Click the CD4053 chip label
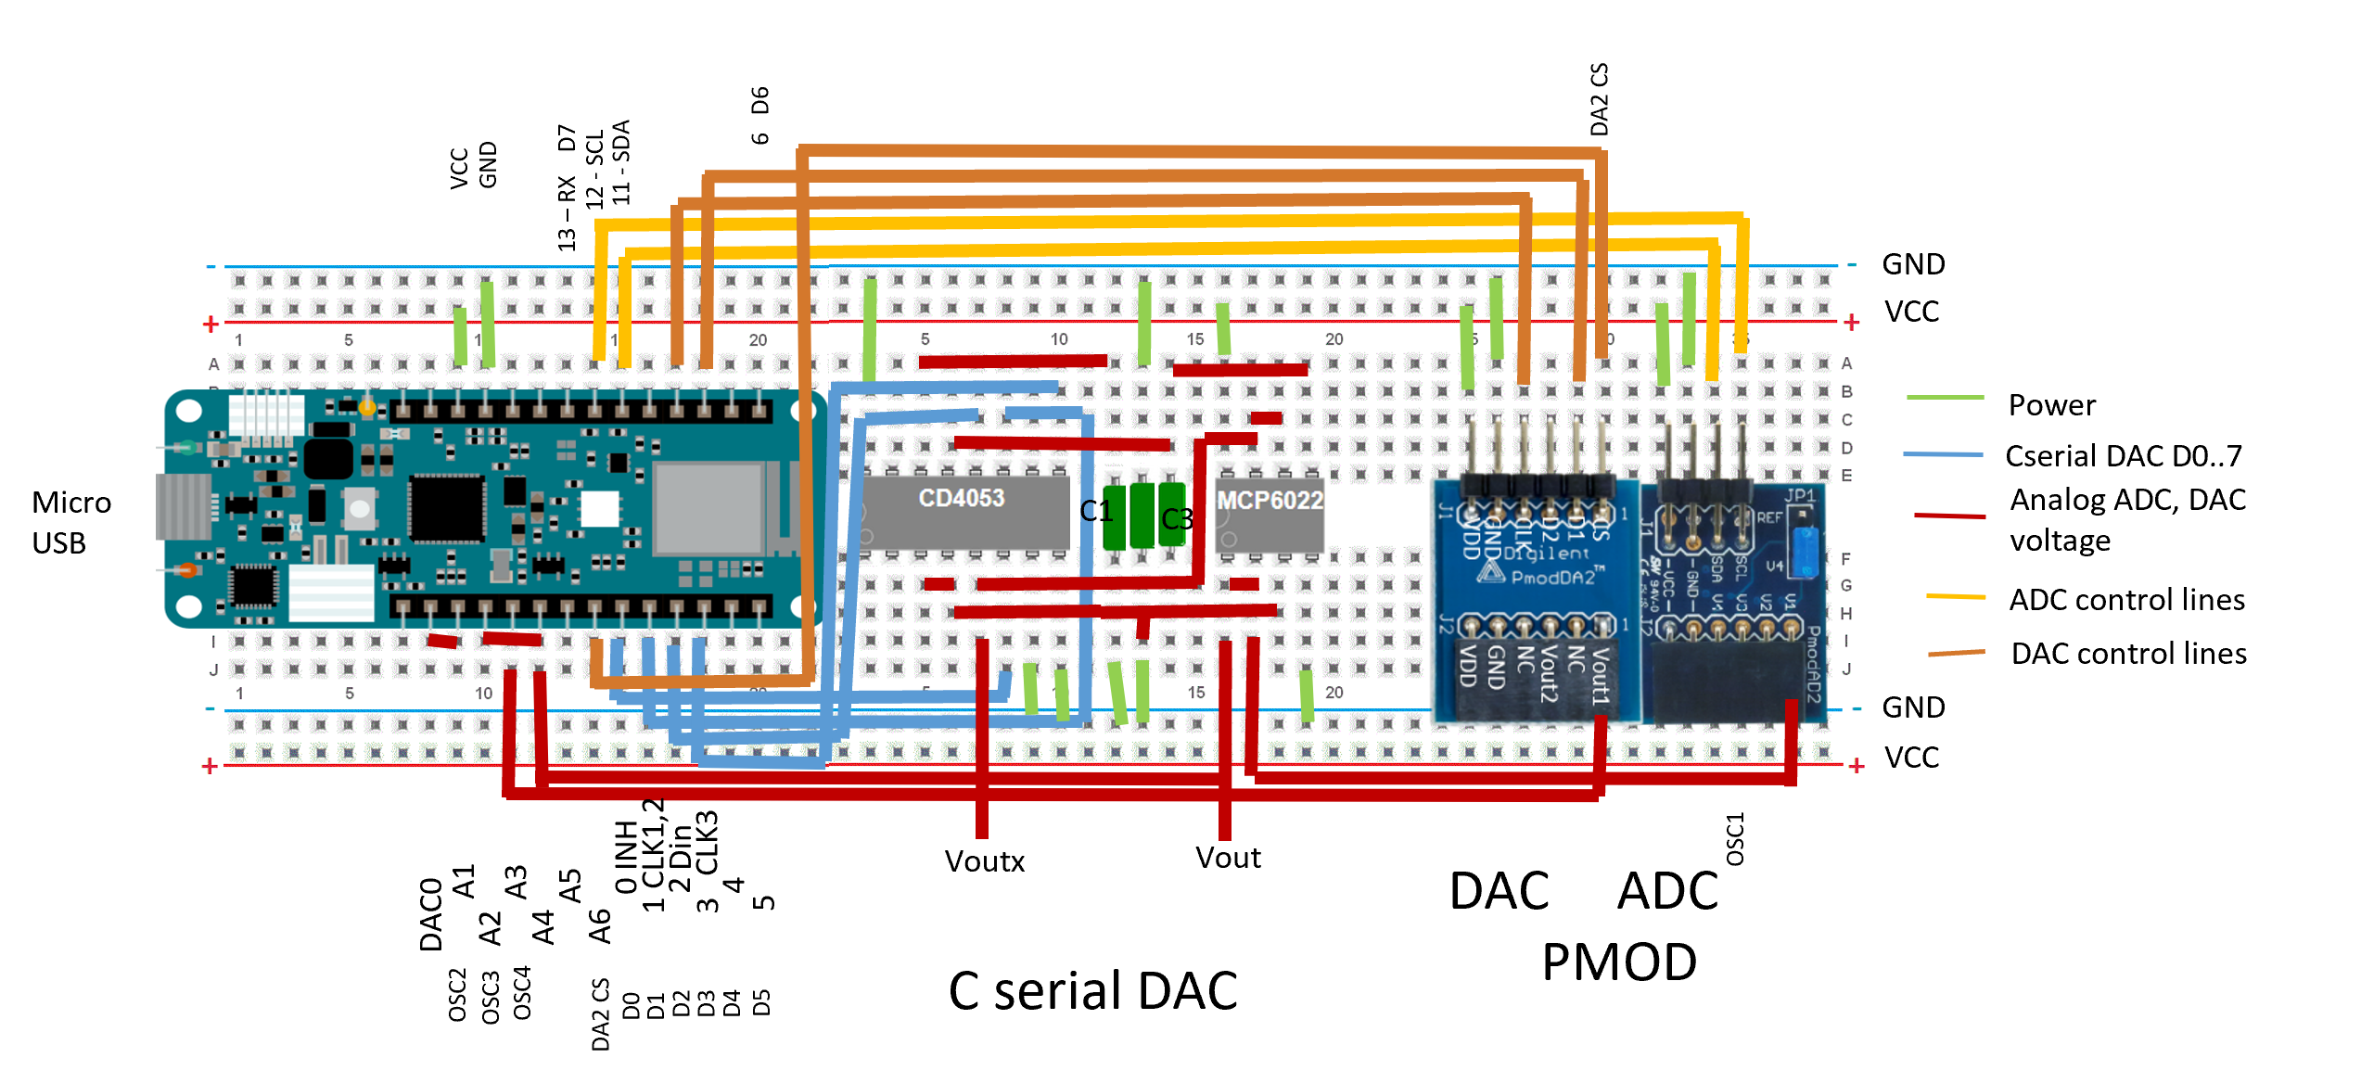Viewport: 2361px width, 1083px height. coord(962,499)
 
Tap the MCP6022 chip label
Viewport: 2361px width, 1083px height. coord(1270,502)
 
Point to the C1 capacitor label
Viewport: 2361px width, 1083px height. coord(1095,511)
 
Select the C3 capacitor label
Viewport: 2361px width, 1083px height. coord(1177,519)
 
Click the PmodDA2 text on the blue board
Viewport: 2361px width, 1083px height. coord(1552,578)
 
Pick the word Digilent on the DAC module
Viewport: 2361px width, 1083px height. coord(1546,554)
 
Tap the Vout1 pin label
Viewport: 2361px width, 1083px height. coord(1601,676)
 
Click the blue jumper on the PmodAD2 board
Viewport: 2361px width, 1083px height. coord(1805,553)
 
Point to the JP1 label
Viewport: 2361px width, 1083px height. coord(1800,496)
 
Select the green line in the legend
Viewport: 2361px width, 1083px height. coord(1945,398)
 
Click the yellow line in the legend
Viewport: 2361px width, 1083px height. coord(1956,596)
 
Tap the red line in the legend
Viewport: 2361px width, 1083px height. coord(1949,516)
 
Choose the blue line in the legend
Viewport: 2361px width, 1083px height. coord(1943,454)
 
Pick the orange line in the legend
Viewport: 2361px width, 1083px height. coord(1956,654)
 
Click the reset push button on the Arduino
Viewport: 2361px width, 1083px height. coord(359,507)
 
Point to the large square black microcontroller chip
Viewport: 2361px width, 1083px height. coord(447,507)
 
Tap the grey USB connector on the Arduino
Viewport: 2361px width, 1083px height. coord(184,506)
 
